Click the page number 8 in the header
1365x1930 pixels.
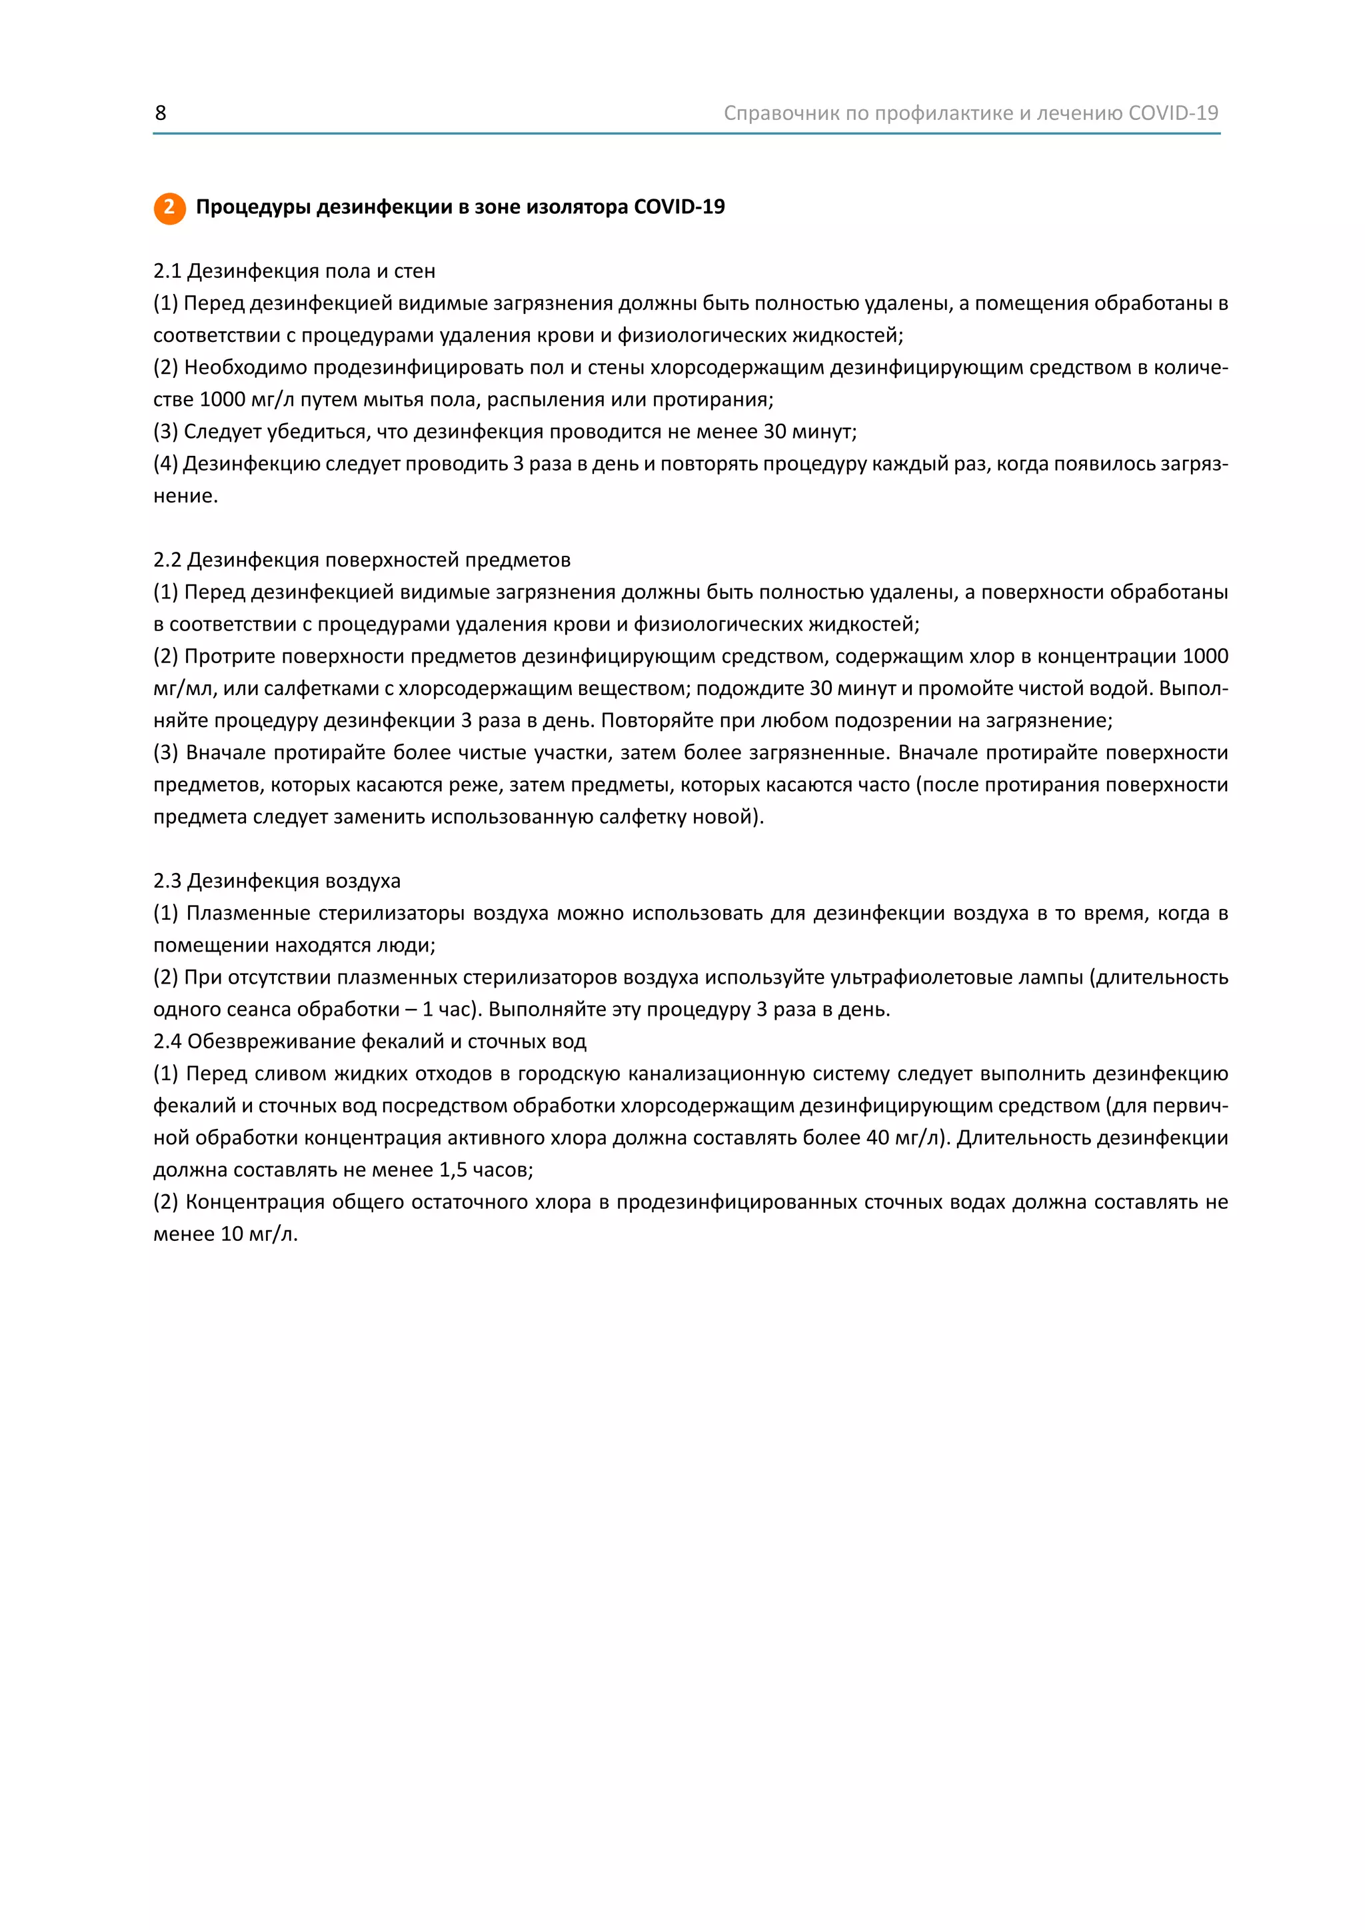(x=161, y=113)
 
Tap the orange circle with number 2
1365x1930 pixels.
(x=169, y=208)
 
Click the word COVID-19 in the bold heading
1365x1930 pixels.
(x=679, y=207)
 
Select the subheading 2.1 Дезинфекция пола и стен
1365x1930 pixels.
(x=294, y=271)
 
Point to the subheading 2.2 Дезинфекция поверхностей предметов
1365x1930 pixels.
(x=361, y=560)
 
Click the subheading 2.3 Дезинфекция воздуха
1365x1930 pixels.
(x=277, y=881)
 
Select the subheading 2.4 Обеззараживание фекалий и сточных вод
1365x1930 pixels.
(x=370, y=1042)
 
